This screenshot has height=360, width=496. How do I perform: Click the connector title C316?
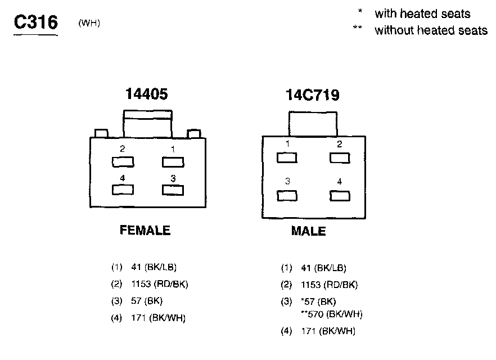[35, 22]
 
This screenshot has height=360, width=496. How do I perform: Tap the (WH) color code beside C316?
[89, 23]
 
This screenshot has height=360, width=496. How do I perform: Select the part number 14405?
[146, 94]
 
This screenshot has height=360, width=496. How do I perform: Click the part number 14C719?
[313, 95]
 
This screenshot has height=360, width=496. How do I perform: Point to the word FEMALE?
[145, 230]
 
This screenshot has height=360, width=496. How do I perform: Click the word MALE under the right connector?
[308, 231]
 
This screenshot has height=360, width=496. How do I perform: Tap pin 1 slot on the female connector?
[173, 162]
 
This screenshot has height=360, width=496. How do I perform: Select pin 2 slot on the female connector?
[123, 162]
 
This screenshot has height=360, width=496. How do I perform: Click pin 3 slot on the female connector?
[173, 190]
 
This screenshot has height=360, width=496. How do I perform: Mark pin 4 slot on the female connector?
[123, 190]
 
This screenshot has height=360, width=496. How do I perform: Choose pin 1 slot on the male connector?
[287, 157]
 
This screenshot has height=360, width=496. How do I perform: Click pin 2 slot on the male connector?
[340, 157]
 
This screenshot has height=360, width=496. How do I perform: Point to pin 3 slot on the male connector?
[287, 196]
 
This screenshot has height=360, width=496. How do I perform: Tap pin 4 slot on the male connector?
[340, 196]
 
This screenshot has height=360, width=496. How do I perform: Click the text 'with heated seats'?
[422, 13]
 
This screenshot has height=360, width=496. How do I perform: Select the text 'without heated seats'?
[431, 30]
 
